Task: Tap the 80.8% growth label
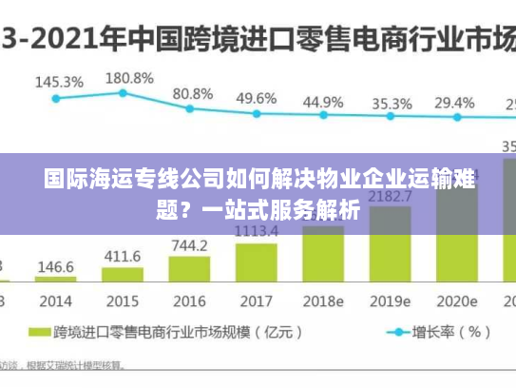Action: tap(192, 94)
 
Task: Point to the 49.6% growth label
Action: tap(257, 98)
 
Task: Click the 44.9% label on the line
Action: tap(323, 102)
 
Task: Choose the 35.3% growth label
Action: tap(391, 103)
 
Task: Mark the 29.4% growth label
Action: tap(454, 102)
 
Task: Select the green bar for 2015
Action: tap(123, 276)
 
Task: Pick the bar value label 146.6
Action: tap(55, 267)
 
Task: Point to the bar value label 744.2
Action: tap(189, 245)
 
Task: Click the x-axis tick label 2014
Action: tap(55, 301)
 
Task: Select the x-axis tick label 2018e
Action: tap(323, 301)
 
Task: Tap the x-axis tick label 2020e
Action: tap(454, 301)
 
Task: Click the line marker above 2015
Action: tap(123, 92)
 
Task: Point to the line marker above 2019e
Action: tap(390, 117)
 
